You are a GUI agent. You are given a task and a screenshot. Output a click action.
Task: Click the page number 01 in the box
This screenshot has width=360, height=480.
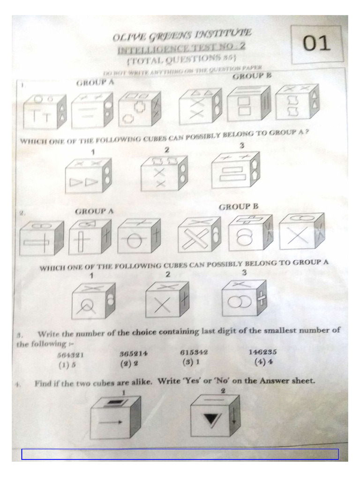[x=316, y=44]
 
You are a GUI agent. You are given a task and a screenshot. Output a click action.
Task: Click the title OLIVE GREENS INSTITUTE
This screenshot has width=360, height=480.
[x=182, y=36]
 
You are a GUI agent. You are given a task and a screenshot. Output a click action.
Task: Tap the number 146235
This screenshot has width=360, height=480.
[x=263, y=352]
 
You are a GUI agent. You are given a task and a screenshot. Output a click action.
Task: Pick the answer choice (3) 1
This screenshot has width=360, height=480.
[x=190, y=361]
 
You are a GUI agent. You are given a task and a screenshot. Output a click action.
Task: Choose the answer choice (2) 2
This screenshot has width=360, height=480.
[x=129, y=363]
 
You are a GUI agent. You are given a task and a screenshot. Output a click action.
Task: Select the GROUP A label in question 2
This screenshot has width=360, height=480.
[x=94, y=211]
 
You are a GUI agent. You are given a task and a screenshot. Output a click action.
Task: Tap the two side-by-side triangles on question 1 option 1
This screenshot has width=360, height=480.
[x=83, y=182]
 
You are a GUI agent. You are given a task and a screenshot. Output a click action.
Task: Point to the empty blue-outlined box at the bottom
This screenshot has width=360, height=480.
[x=180, y=454]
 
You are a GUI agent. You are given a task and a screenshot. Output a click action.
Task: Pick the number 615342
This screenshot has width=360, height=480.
[x=194, y=352]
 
